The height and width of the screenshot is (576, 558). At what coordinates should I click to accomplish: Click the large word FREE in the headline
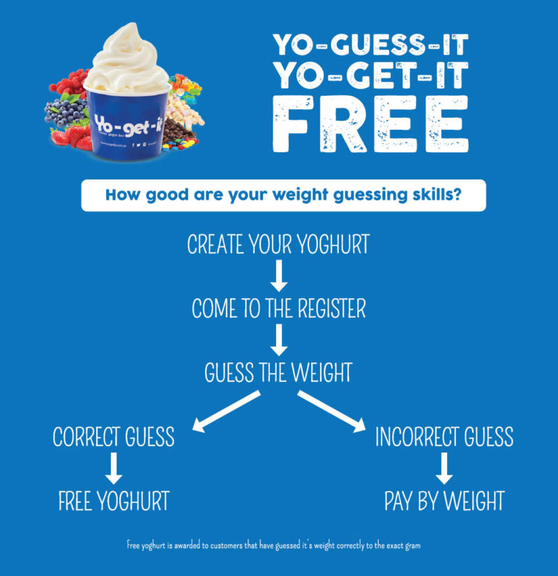[x=370, y=125]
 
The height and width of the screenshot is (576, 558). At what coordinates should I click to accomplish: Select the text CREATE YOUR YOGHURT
[x=278, y=245]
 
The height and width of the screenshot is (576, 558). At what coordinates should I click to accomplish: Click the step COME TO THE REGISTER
[x=278, y=309]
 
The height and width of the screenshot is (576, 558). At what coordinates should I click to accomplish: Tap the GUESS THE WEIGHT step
[x=278, y=372]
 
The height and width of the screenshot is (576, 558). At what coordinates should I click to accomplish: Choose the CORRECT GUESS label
[x=114, y=437]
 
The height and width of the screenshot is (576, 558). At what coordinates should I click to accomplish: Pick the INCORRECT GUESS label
[x=444, y=437]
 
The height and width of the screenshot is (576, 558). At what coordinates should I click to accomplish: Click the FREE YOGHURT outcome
[x=114, y=501]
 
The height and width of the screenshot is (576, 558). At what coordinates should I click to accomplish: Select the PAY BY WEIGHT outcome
[x=444, y=501]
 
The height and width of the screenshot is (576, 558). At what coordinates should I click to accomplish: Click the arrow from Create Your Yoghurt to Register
[x=278, y=276]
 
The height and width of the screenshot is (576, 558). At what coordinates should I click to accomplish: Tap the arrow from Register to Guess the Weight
[x=278, y=340]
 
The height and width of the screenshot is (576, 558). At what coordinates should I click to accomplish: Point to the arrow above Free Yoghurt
[x=114, y=468]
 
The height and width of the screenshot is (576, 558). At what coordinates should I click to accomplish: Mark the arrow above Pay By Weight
[x=444, y=468]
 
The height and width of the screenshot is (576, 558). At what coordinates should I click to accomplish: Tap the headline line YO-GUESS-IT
[x=370, y=45]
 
